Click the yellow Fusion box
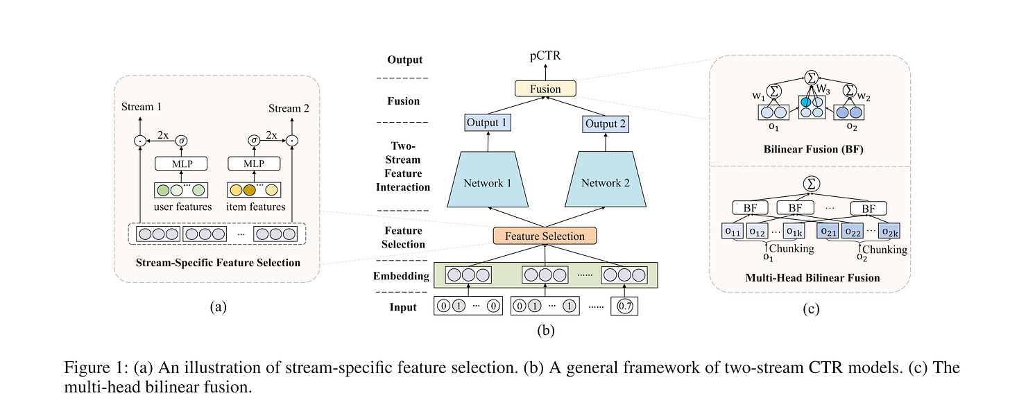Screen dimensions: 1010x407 click(545, 88)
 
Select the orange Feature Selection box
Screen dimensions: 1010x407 click(545, 236)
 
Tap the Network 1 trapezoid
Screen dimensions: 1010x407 click(488, 180)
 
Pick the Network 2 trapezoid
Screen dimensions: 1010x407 click(605, 180)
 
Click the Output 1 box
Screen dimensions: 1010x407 click(488, 123)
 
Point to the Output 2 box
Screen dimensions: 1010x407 click(606, 124)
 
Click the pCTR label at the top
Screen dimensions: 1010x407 click(545, 55)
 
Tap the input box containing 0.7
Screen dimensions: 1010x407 click(624, 306)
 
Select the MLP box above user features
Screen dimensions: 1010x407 click(181, 164)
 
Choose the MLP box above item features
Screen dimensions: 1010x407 click(254, 164)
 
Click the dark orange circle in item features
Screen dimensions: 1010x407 click(249, 190)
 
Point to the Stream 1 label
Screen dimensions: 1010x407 click(141, 107)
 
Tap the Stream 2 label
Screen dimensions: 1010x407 click(289, 108)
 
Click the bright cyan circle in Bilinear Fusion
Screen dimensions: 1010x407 click(806, 103)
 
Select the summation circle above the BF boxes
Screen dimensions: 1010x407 click(811, 184)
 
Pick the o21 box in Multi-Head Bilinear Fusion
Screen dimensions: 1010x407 click(828, 231)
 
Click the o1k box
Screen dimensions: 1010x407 click(794, 231)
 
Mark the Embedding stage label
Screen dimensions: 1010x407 click(401, 276)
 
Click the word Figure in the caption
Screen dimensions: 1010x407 click(87, 367)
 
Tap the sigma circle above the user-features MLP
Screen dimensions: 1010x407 click(181, 141)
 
